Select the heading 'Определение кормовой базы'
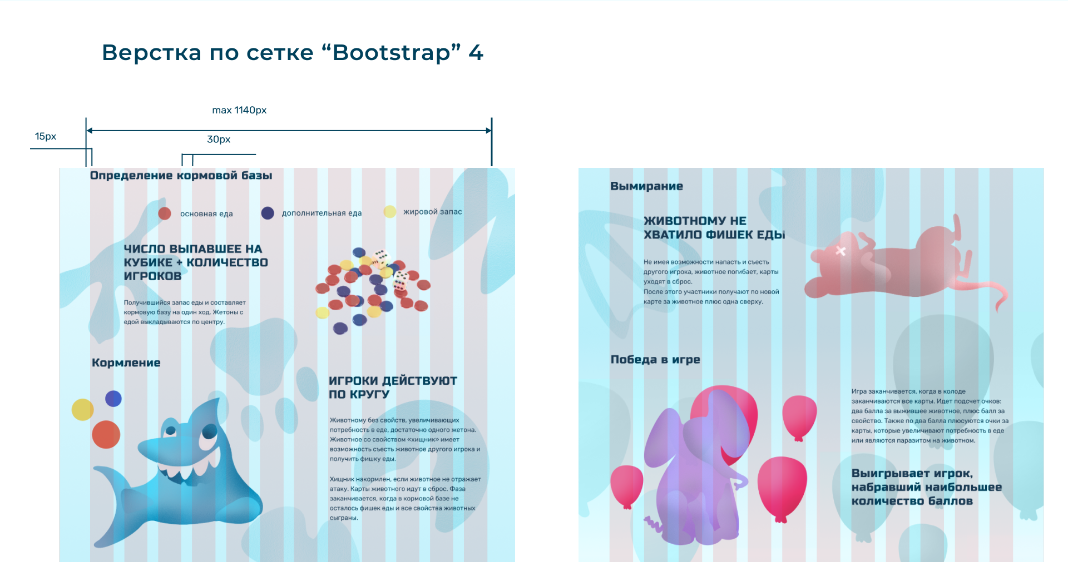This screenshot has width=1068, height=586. (x=181, y=176)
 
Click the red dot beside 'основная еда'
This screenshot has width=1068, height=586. (x=165, y=213)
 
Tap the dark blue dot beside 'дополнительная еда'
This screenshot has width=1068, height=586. (x=268, y=213)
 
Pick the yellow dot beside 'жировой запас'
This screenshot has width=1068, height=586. (x=390, y=212)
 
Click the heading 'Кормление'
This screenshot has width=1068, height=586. (x=126, y=363)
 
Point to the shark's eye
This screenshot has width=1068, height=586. (x=210, y=431)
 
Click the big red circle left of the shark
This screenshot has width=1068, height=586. (x=106, y=434)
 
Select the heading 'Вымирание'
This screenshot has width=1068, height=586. (x=646, y=186)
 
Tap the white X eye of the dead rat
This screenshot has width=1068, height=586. (x=840, y=251)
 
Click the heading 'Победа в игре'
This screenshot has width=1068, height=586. (x=655, y=360)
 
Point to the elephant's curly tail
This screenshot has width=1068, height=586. (x=651, y=523)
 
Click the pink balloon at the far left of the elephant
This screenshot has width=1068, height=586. (x=627, y=485)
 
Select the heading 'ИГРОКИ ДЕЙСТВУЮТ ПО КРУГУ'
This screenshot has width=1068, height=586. (x=393, y=388)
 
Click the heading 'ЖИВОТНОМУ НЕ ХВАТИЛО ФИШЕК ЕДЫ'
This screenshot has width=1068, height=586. (x=714, y=228)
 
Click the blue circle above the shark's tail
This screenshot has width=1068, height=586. (x=113, y=399)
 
